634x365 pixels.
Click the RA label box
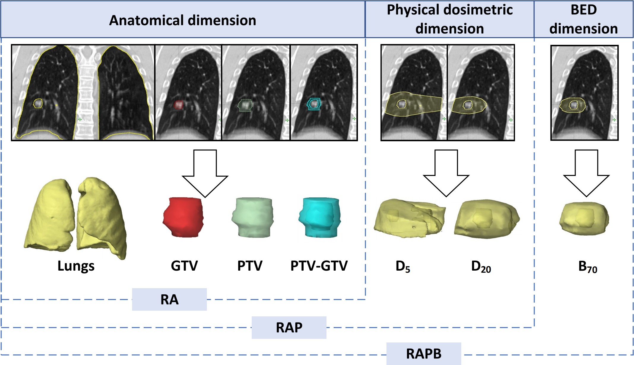[169, 299]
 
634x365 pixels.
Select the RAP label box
[289, 328]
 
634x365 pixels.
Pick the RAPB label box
[424, 354]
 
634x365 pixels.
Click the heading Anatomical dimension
[183, 20]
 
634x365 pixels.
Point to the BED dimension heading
[584, 19]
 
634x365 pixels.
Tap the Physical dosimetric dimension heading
[449, 19]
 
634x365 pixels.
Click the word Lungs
[76, 266]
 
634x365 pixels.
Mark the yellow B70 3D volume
[584, 219]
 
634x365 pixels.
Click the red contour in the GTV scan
[178, 105]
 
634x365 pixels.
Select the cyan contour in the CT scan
[314, 104]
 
